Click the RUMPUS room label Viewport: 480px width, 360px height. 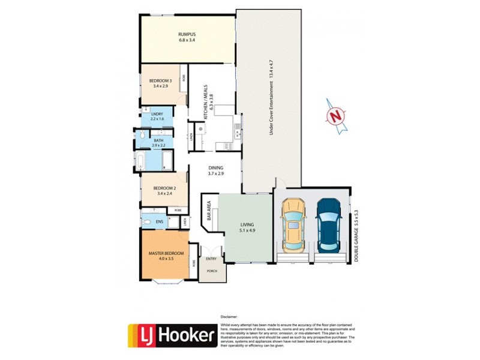[187, 34]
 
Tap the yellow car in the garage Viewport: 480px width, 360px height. [293, 224]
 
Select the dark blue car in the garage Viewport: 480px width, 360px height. [328, 224]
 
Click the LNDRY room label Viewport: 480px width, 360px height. [157, 113]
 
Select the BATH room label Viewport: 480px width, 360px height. [158, 140]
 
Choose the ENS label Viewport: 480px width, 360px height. [160, 221]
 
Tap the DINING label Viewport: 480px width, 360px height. [216, 168]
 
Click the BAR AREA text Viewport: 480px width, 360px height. [209, 214]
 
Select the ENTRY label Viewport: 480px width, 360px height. [211, 259]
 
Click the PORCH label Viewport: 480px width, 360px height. [212, 271]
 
